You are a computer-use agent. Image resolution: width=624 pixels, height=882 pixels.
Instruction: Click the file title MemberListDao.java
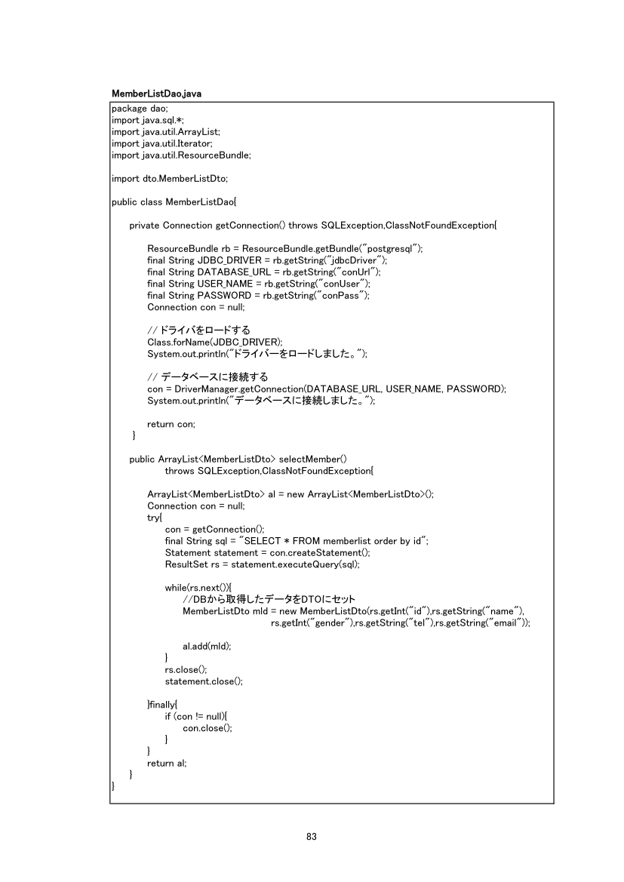(x=156, y=94)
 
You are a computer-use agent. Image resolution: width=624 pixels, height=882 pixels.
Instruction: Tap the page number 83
(x=312, y=836)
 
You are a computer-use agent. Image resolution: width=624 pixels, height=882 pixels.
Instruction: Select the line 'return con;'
(x=171, y=424)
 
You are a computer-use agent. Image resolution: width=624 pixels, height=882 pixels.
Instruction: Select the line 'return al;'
(x=167, y=763)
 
